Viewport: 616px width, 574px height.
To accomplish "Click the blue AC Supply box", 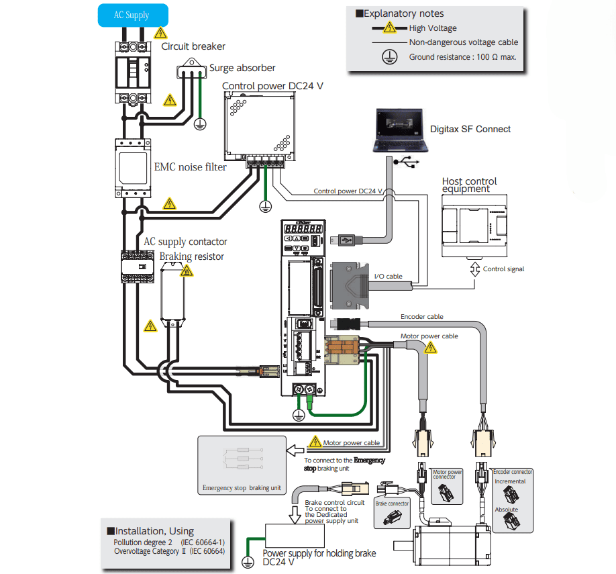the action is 133,15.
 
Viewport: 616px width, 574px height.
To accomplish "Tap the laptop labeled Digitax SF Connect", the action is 400,130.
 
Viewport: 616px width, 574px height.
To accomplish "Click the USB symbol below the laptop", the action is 407,162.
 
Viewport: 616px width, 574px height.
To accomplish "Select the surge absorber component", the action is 192,69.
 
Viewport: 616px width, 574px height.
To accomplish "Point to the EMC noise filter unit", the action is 133,168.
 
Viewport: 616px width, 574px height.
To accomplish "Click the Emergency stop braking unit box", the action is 242,465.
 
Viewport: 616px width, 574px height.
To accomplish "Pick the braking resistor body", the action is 173,292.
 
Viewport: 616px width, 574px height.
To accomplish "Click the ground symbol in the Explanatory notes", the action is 389,57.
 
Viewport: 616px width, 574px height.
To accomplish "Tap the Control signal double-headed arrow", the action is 475,269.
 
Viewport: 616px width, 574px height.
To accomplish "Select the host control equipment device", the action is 474,226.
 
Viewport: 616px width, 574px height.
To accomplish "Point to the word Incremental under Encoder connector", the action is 510,481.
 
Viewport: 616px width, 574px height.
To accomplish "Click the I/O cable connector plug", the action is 350,285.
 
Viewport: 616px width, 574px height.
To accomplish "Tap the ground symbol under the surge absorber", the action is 200,124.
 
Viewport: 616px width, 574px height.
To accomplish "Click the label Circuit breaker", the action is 193,46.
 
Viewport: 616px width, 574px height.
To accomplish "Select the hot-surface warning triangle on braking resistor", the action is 187,271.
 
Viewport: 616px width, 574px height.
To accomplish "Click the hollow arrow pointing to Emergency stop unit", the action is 295,450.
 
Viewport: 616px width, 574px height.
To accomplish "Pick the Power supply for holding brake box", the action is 295,536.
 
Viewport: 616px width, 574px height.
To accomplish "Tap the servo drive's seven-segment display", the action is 303,228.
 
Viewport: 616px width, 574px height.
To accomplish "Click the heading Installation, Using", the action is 151,531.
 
